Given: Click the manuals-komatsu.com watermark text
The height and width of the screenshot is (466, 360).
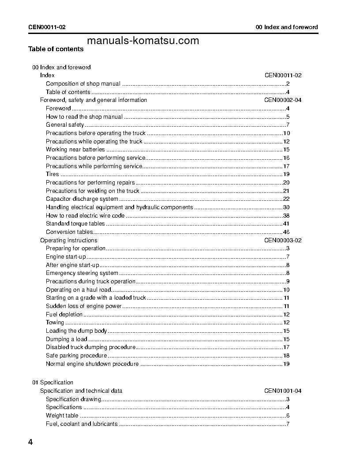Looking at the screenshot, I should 143,41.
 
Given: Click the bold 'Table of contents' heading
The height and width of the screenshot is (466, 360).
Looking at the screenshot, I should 56,49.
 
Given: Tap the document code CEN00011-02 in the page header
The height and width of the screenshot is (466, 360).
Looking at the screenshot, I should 47,27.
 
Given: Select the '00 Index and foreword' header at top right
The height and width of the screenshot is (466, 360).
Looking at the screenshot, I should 287,27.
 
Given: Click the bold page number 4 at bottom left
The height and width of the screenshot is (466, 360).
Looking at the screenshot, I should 30,442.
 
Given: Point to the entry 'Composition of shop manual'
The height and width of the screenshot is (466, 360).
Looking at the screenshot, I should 83,84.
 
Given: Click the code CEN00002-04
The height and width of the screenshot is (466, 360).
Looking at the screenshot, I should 283,100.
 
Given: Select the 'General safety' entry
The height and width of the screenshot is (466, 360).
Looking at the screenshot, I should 65,125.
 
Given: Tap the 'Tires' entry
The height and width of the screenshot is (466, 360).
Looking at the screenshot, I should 52,174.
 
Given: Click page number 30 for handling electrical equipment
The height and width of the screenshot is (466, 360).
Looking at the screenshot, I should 286,207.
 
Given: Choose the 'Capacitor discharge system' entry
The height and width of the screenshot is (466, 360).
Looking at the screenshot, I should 82,199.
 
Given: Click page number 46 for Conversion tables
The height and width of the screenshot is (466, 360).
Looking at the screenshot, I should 286,232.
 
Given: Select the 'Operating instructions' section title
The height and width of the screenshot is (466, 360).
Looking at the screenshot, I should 68,241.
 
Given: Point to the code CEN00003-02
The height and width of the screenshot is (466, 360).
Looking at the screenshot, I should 283,241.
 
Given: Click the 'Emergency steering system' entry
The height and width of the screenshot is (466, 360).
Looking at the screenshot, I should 82,273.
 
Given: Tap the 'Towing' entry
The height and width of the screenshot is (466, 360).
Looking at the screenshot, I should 55,323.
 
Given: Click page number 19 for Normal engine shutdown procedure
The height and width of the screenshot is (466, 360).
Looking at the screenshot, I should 286,364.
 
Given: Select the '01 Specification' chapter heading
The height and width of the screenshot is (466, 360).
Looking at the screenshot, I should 52,383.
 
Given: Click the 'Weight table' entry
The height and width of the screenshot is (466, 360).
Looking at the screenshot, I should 62,415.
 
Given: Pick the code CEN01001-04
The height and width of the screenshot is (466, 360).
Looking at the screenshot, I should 283,391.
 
